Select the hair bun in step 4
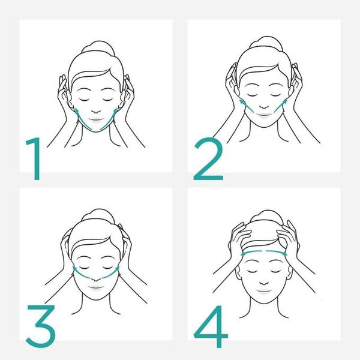click(x=264, y=217)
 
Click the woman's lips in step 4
click(x=264, y=291)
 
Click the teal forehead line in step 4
click(x=264, y=254)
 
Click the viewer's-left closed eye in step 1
click(x=85, y=96)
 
